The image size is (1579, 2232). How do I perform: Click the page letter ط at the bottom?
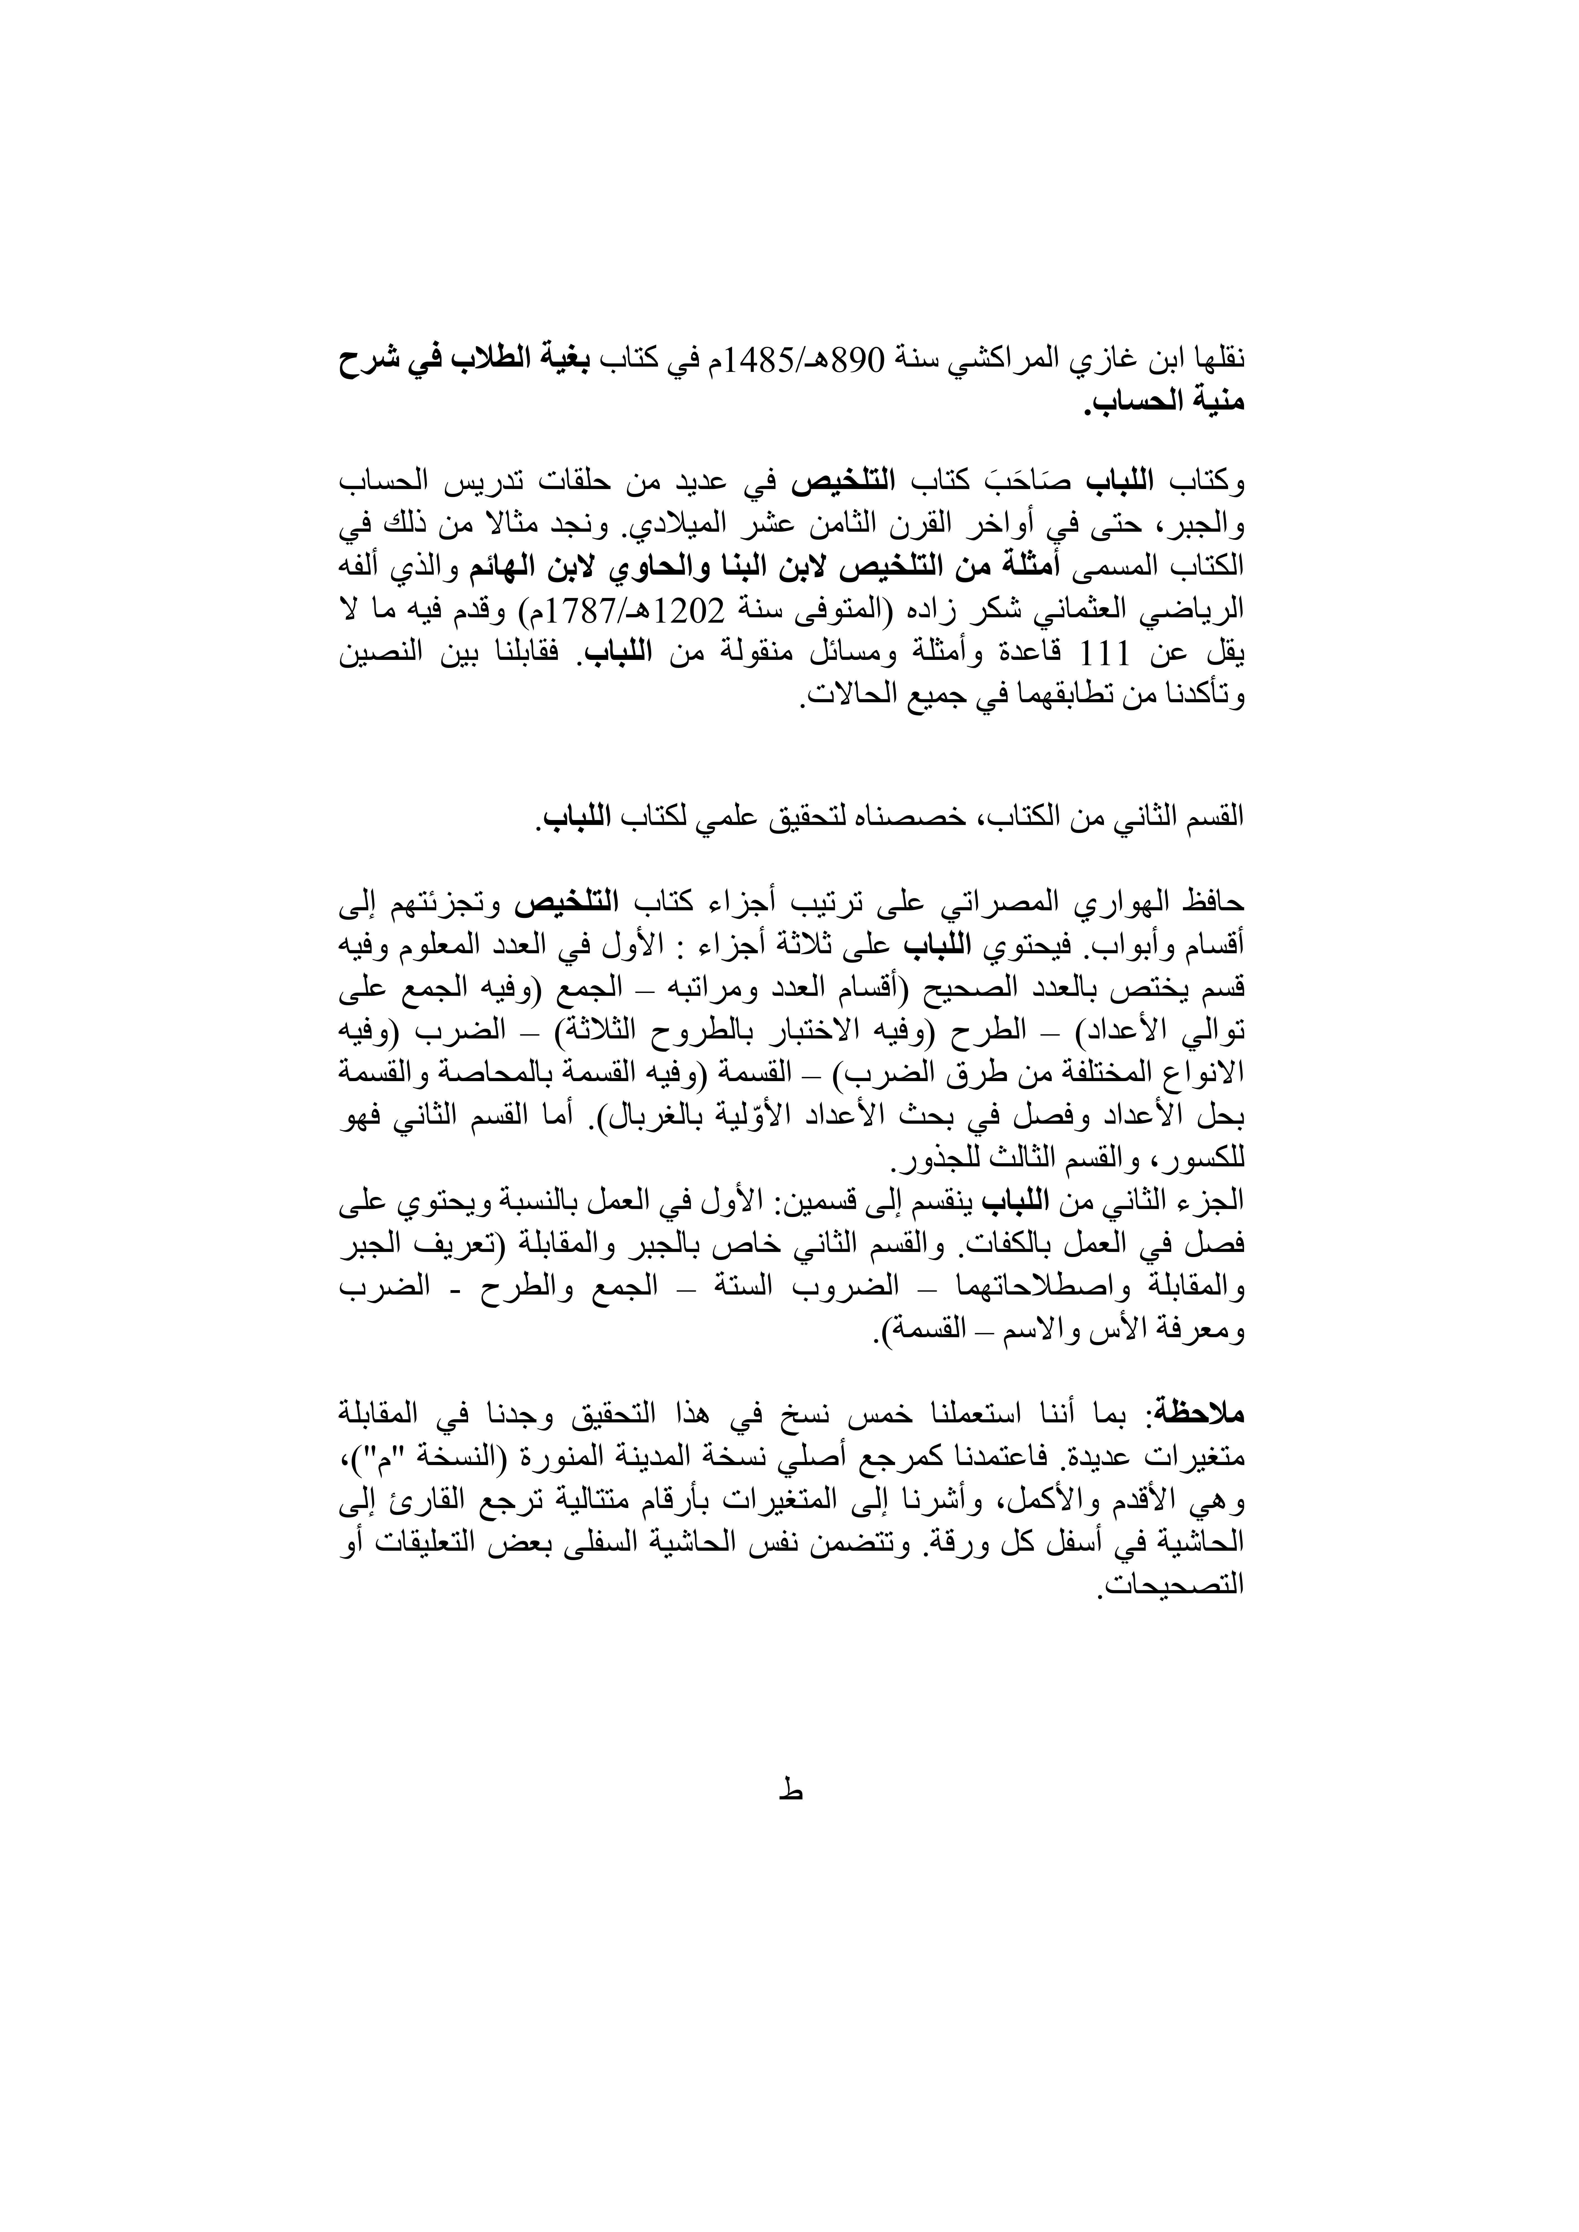pos(789,1795)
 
